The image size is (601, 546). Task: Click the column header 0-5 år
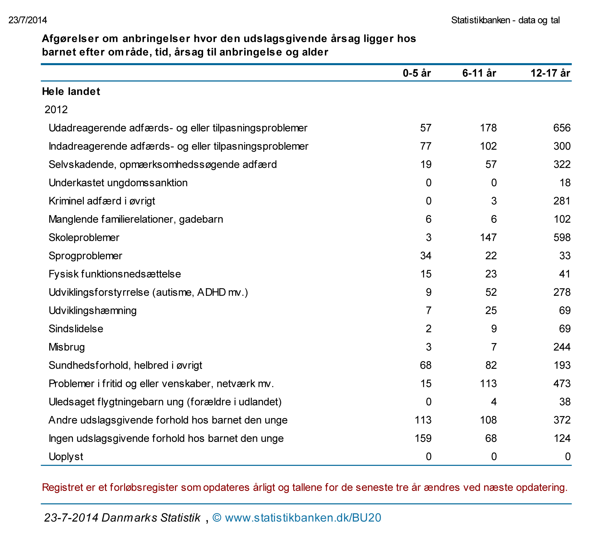[x=416, y=73]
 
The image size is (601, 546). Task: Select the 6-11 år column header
[x=479, y=73]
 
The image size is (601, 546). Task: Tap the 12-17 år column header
[x=550, y=73]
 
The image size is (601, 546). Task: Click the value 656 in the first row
[x=562, y=128]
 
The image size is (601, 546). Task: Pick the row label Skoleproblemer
[x=84, y=238]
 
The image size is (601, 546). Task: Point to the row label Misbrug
[x=67, y=347]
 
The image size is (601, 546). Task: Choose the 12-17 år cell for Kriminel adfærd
[x=562, y=201]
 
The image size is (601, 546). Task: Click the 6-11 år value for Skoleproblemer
[x=488, y=238]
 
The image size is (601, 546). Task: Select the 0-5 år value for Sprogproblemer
[x=426, y=256]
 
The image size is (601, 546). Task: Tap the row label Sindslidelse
[x=76, y=329]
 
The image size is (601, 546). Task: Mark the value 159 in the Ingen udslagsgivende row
[x=423, y=438]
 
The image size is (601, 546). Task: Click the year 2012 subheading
[x=56, y=110]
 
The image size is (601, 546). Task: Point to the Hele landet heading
[x=71, y=92]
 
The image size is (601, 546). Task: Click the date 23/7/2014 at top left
[x=28, y=20]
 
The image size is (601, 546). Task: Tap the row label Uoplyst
[x=66, y=457]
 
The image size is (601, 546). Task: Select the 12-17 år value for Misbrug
[x=562, y=347]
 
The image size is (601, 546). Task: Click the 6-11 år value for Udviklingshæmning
[x=491, y=310]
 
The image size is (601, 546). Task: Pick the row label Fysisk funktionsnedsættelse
[x=115, y=274]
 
